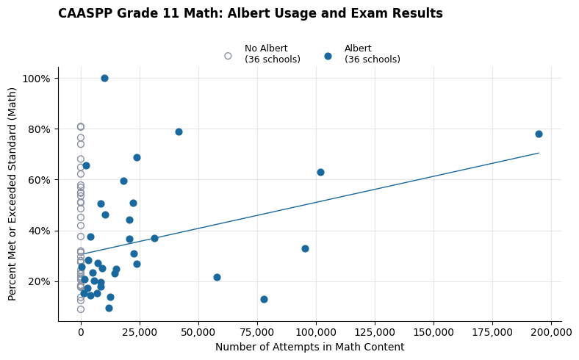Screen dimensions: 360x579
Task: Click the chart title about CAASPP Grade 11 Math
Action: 250,14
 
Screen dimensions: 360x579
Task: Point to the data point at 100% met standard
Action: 104,79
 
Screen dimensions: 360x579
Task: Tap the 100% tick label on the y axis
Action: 37,79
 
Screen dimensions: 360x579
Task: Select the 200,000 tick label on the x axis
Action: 551,332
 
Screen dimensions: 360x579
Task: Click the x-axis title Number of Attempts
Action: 309,348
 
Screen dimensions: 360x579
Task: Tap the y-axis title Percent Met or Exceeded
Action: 12,194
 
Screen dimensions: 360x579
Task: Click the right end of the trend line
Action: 539,153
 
